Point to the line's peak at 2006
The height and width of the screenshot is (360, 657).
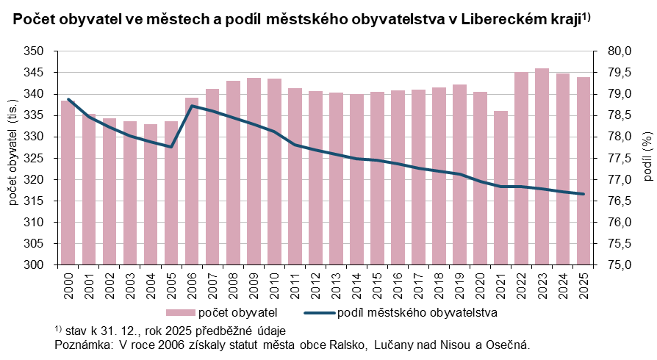coord(192,106)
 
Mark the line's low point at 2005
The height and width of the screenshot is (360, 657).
coord(171,147)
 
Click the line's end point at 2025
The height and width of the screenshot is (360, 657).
coord(583,194)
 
